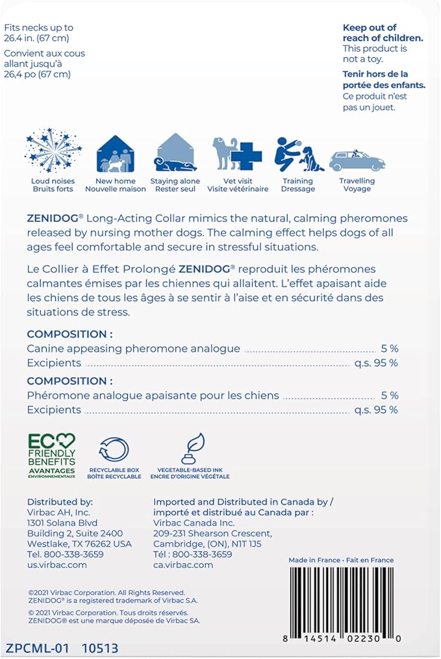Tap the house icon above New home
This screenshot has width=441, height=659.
pos(115,154)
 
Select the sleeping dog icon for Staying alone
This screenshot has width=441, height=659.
pos(175,153)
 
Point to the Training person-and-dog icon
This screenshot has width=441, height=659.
pos(298,154)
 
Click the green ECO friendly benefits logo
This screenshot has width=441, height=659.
pos(51,455)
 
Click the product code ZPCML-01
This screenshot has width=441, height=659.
pos(36,648)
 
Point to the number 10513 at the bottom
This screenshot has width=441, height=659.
pos(100,648)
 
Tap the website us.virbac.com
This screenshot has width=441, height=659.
pos(57,565)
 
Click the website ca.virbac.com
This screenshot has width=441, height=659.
pos(183,565)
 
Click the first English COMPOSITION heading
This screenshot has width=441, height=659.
pos(69,334)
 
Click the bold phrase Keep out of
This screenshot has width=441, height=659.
pos(370,28)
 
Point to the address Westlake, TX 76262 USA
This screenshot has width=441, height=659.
pos(79,544)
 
